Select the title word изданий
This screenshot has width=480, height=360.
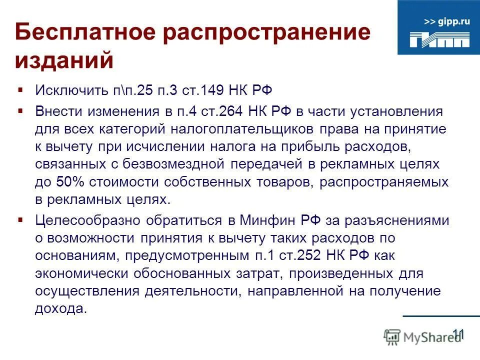coord(64,60)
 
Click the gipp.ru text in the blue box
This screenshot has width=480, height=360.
coord(447,21)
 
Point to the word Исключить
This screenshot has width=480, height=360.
coord(64,91)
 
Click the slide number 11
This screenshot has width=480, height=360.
coord(458,333)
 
